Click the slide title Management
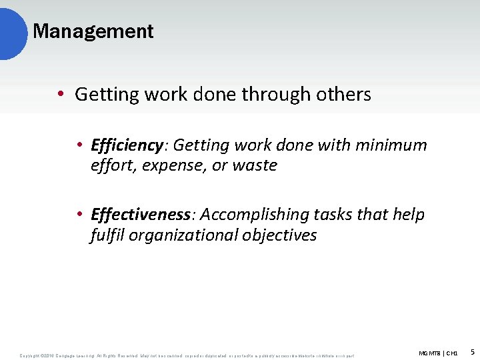tap(93, 31)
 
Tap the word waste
tap(254, 165)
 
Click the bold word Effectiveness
tap(141, 215)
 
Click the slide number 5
tap(472, 351)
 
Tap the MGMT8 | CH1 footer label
tap(438, 352)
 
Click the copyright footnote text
tap(187, 355)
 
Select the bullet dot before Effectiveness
tap(79, 215)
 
